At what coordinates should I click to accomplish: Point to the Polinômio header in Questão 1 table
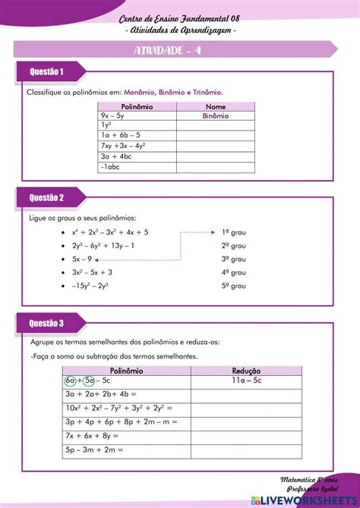coord(137,107)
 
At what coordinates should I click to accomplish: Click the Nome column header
coord(216,107)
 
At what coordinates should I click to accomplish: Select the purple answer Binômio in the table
coord(216,116)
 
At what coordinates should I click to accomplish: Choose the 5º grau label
coord(234,286)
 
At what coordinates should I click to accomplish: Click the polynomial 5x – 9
coord(82,258)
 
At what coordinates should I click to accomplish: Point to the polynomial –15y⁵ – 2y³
coord(90,286)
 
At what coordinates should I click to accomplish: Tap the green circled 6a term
coord(71,380)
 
